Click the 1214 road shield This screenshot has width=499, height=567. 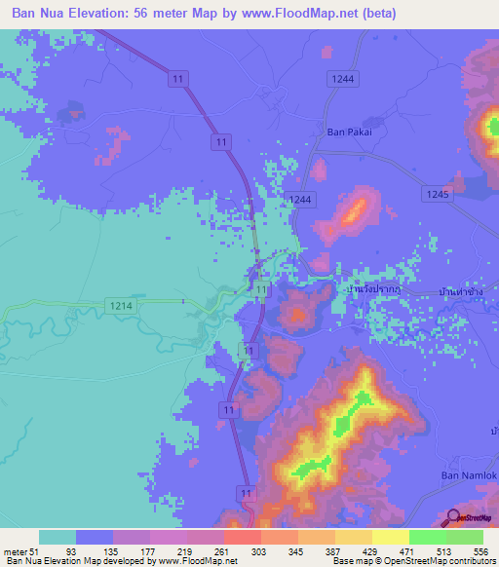[x=122, y=306]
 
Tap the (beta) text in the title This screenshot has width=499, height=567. [x=362, y=13]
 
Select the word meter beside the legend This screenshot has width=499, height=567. [x=14, y=551]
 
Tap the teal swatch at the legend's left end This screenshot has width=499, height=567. [x=57, y=537]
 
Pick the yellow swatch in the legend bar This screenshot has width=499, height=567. [x=390, y=537]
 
